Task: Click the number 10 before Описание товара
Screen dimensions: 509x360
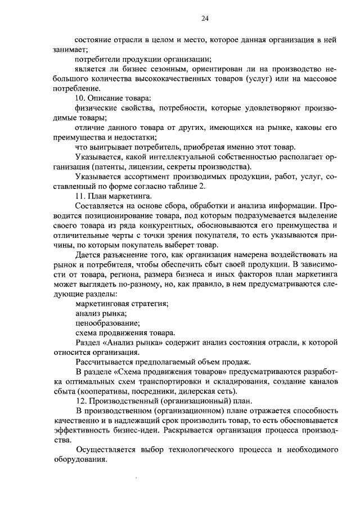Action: [79, 98]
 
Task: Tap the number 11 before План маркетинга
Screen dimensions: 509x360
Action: [79, 196]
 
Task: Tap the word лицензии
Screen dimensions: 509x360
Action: [149, 167]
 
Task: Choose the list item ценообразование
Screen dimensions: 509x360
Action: [106, 323]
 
